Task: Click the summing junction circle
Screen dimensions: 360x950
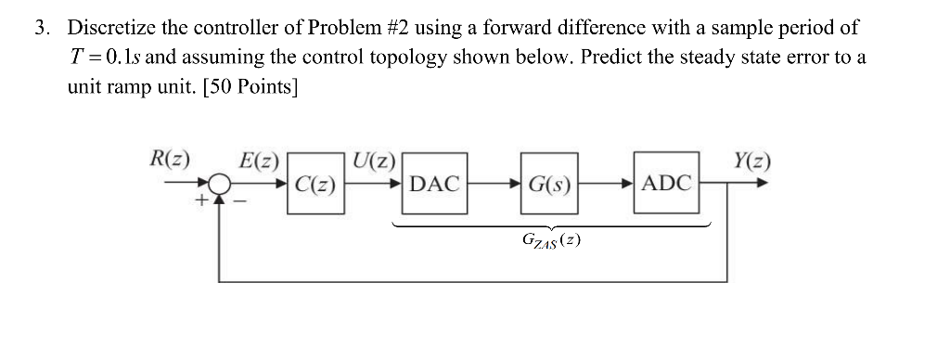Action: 219,184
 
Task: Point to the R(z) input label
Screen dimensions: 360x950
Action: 169,158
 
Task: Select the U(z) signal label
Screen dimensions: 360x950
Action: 372,158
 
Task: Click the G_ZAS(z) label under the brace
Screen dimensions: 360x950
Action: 552,242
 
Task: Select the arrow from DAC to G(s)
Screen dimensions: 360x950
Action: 493,183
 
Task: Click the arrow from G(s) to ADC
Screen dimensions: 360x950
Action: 607,183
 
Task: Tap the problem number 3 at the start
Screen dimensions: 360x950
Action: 42,27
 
